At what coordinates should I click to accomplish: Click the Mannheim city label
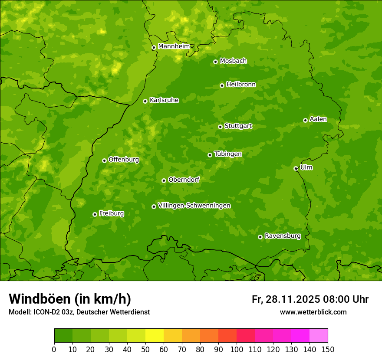point(174,46)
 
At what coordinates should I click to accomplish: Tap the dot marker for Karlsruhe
point(145,101)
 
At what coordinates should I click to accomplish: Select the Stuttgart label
point(238,126)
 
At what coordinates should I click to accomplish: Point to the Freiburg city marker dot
point(95,214)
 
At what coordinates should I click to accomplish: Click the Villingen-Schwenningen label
point(194,206)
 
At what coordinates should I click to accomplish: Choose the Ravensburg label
point(282,236)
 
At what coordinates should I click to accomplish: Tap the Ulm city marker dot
point(296,168)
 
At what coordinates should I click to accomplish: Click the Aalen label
point(318,119)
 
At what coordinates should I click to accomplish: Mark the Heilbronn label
point(241,85)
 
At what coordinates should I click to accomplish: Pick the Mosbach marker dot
point(215,62)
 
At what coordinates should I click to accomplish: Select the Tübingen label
point(228,154)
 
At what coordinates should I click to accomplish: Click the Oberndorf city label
point(184,180)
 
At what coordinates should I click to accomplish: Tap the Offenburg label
point(124,160)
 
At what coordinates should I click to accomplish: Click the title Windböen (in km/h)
point(69,299)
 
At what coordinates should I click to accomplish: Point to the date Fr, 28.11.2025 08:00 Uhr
point(310,299)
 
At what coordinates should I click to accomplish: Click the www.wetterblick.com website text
point(313,312)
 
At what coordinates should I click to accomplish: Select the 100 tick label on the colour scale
point(237,350)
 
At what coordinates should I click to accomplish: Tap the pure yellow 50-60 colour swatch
point(155,336)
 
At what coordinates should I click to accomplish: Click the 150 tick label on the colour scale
point(328,350)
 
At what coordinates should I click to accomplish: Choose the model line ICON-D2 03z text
point(79,312)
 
